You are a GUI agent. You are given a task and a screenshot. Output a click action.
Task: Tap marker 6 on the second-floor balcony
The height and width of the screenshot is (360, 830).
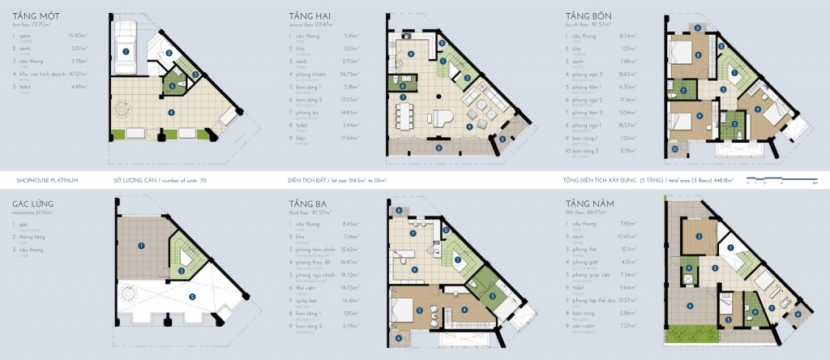pyautogui.click(x=439, y=148)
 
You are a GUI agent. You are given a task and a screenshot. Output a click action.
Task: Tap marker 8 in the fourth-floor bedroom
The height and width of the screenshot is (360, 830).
pyautogui.click(x=697, y=56)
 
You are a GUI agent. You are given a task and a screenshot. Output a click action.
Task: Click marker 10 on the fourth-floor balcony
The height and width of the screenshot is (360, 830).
pyautogui.click(x=674, y=151)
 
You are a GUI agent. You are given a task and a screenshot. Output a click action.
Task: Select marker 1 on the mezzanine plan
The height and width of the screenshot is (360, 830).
pyautogui.click(x=141, y=245)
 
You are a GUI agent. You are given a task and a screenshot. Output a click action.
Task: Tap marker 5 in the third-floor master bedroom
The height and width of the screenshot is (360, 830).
pyautogui.click(x=419, y=310)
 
